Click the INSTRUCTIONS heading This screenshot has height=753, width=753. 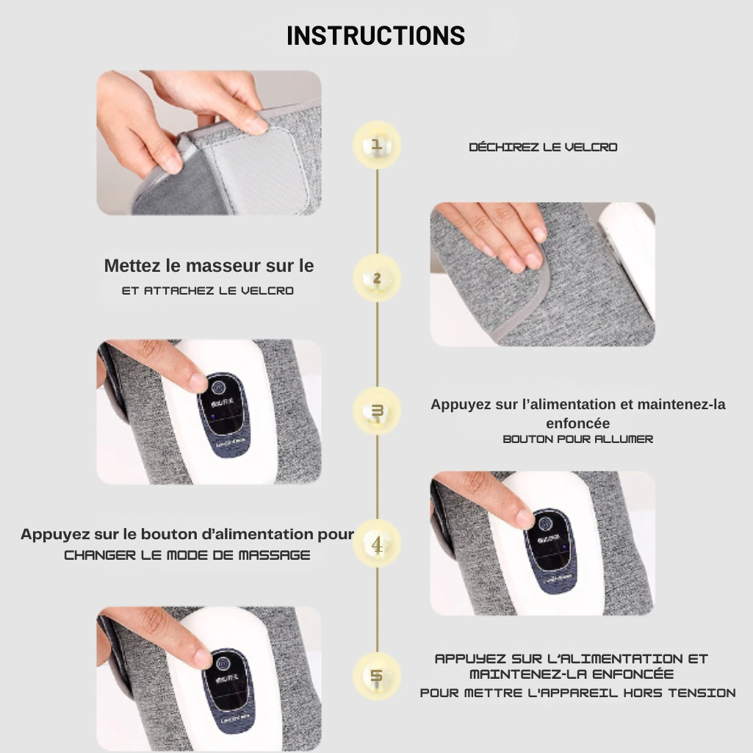point(375,35)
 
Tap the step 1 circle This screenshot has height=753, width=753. point(377,145)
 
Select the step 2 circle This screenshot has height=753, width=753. point(377,278)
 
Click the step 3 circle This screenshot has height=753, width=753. point(377,411)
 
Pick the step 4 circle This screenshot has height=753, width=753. point(377,544)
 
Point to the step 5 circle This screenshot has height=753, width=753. point(377,675)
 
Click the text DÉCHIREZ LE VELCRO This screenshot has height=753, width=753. point(543,147)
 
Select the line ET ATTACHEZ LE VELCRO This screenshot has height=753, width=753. point(208,291)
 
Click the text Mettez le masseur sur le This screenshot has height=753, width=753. point(209,266)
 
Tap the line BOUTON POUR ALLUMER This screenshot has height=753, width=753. point(577,439)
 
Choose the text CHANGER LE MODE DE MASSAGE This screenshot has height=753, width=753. point(187,555)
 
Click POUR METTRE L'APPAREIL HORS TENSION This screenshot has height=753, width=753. point(577,693)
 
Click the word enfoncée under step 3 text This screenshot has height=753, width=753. point(577,423)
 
